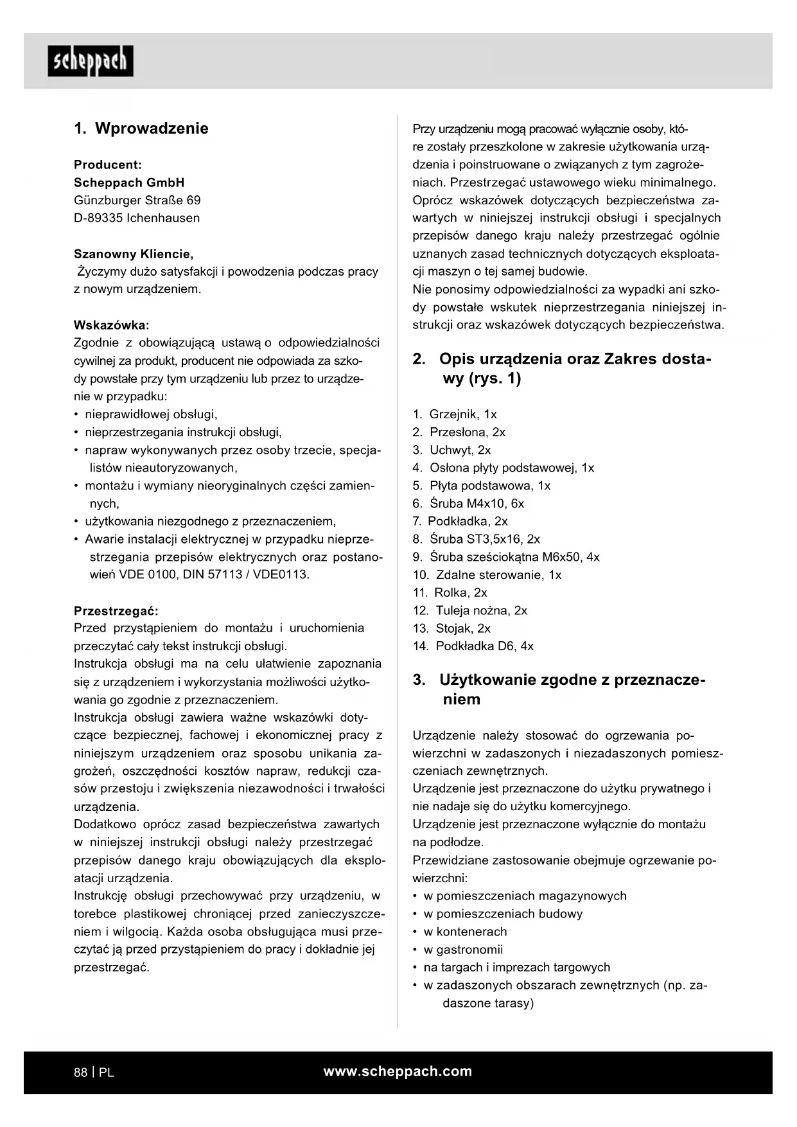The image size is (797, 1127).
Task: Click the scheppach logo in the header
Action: pos(91,62)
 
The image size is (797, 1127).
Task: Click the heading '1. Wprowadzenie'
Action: pos(141,128)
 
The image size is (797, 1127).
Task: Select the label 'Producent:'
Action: pos(108,164)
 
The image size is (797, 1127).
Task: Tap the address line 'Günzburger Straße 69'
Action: pos(137,200)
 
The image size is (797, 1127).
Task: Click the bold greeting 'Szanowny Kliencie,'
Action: pos(134,254)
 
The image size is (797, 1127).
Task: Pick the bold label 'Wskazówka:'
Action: pos(111,325)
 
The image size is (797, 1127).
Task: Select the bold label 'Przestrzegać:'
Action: pos(116,610)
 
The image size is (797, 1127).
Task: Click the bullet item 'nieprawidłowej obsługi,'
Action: pos(151,414)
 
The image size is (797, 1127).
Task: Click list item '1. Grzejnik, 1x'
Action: pos(455,414)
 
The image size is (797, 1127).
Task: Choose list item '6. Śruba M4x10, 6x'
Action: pos(468,504)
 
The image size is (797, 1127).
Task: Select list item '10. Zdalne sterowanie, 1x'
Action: pos(487,575)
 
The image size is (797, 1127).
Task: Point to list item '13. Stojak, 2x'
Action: pos(451,628)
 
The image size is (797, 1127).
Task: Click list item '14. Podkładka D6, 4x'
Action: pos(473,646)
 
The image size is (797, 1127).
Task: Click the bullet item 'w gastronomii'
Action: pos(463,950)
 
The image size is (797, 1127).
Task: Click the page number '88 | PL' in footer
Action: pos(94,1072)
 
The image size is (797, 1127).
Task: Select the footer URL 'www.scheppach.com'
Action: pos(398,1071)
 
